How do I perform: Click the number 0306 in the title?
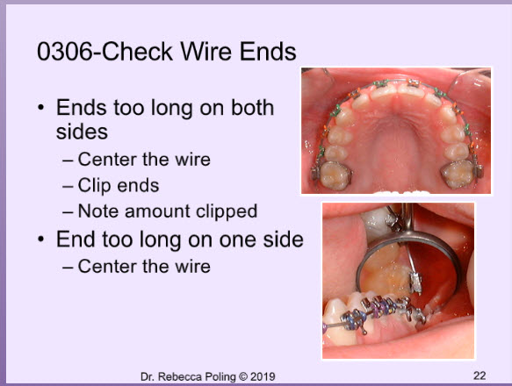click(65, 52)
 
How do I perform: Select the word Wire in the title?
click(206, 52)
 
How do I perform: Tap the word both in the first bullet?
click(252, 108)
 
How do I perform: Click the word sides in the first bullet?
click(82, 132)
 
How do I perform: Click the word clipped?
click(227, 211)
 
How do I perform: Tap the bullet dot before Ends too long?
click(40, 108)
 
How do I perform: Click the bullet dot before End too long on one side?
click(40, 239)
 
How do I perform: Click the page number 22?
click(480, 375)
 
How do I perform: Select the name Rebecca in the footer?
click(180, 377)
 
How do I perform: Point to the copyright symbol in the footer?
click(243, 377)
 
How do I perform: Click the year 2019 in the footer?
click(263, 377)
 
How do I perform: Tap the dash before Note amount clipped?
click(68, 212)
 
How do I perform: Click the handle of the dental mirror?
click(407, 218)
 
